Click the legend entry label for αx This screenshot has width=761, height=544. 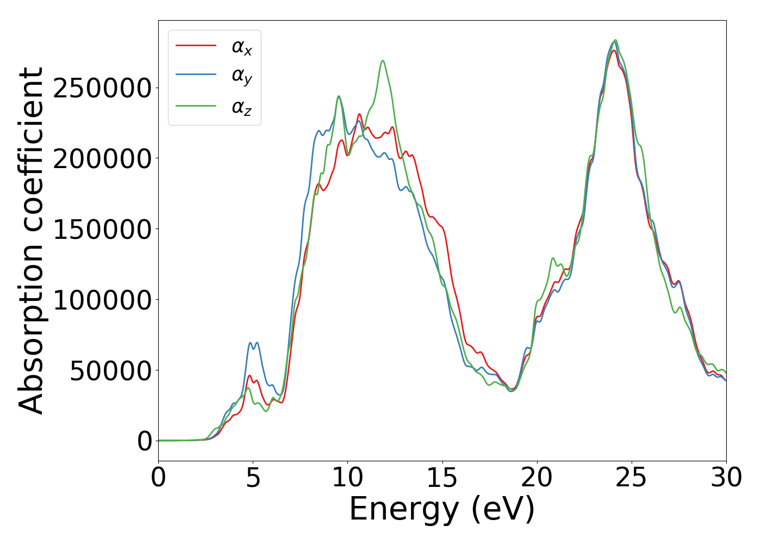pyautogui.click(x=242, y=47)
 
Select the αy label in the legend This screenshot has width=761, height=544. pyautogui.click(x=242, y=77)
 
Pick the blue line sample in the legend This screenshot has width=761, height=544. pyautogui.click(x=196, y=76)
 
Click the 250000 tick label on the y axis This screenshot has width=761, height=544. pyautogui.click(x=102, y=88)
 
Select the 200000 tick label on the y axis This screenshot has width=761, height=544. pyautogui.click(x=102, y=159)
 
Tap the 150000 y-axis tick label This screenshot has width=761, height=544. pyautogui.click(x=102, y=230)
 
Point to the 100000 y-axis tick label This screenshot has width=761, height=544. pyautogui.click(x=102, y=300)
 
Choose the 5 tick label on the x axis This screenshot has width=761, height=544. pyautogui.click(x=253, y=478)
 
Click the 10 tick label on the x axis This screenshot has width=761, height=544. pyautogui.click(x=347, y=478)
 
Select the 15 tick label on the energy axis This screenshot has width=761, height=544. pyautogui.click(x=442, y=478)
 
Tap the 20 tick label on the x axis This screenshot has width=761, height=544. pyautogui.click(x=537, y=478)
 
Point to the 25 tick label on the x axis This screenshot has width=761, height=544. pyautogui.click(x=631, y=478)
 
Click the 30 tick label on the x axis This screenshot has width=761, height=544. pyautogui.click(x=726, y=478)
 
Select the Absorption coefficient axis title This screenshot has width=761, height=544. pyautogui.click(x=31, y=240)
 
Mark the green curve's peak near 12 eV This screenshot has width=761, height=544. pyautogui.click(x=383, y=60)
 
